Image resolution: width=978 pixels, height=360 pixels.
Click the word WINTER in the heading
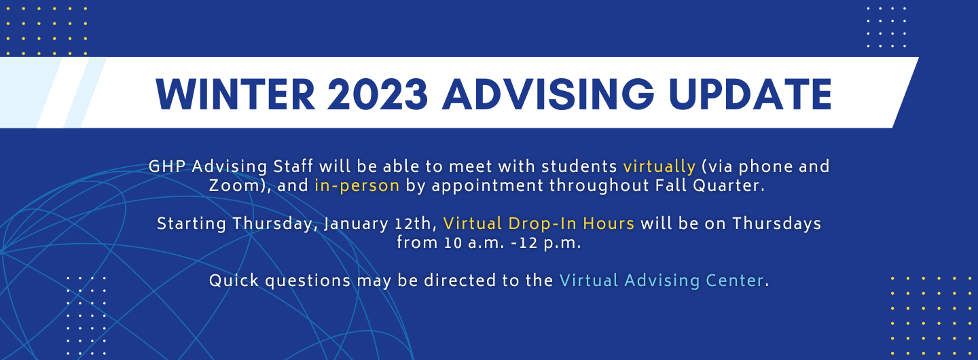(x=235, y=94)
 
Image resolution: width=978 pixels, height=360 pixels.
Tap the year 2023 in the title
(x=377, y=94)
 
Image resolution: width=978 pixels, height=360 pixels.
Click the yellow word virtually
(x=659, y=166)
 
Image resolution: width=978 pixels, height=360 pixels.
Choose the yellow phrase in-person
(x=357, y=185)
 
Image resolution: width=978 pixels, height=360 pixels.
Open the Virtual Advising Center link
(x=662, y=281)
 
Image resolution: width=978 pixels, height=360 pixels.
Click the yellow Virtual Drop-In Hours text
(x=539, y=223)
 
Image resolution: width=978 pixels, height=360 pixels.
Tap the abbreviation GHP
(x=167, y=166)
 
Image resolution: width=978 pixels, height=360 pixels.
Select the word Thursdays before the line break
(x=776, y=223)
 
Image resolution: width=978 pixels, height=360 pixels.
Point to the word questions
(x=308, y=281)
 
